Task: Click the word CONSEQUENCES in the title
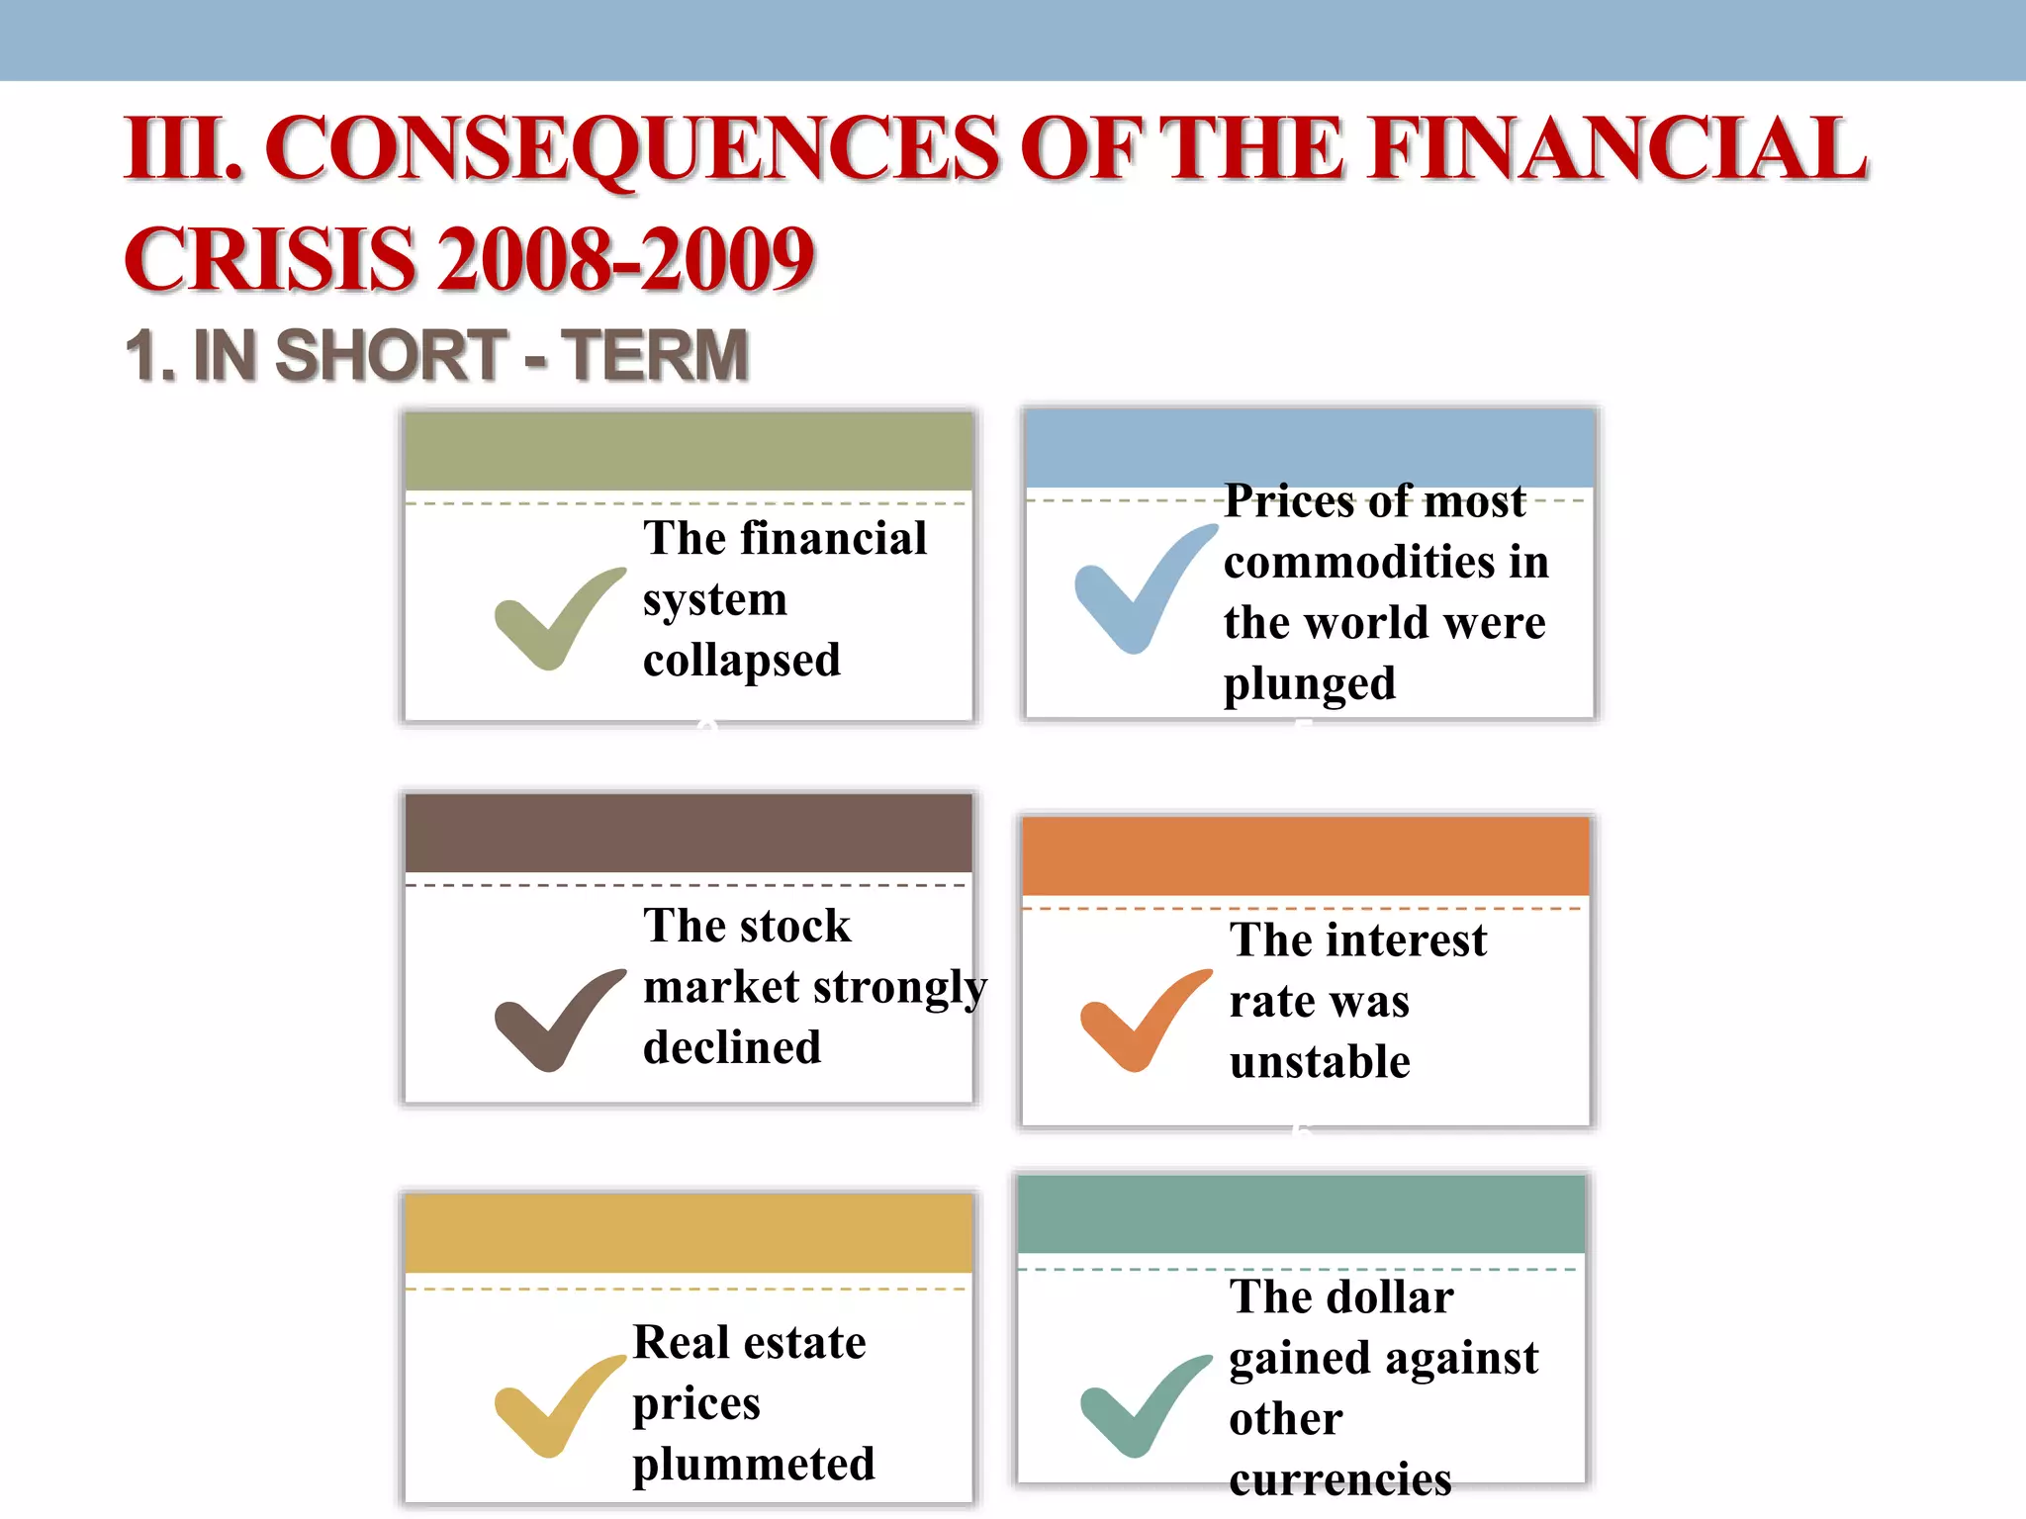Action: (x=633, y=148)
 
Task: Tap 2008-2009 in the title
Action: (x=626, y=259)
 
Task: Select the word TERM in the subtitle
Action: (x=655, y=356)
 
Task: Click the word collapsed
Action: (x=742, y=661)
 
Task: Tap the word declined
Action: (x=732, y=1047)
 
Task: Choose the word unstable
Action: (x=1320, y=1062)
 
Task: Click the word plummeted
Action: (x=754, y=1465)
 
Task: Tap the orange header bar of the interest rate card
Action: (x=1305, y=856)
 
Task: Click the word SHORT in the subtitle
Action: (x=391, y=356)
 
